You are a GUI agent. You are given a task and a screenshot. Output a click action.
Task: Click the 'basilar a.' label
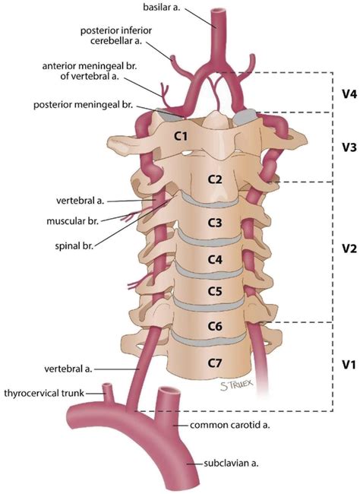tap(162, 7)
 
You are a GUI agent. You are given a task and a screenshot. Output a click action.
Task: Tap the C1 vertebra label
tap(181, 136)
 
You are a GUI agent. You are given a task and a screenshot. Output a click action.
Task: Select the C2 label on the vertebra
tap(215, 179)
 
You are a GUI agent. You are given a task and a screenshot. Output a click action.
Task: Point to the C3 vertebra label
tap(215, 223)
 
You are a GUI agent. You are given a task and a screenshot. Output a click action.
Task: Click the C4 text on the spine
tap(215, 260)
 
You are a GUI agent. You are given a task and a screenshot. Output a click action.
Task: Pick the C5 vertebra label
tap(215, 291)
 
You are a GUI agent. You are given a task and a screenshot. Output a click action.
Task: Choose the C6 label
tap(215, 326)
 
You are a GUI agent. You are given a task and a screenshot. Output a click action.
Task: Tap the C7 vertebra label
tap(215, 363)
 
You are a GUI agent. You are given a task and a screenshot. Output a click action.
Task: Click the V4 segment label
tap(349, 94)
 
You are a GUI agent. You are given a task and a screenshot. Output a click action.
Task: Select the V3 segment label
tap(349, 147)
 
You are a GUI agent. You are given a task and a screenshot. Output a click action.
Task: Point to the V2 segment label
tap(349, 249)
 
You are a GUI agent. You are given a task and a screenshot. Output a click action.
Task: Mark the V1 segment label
tap(349, 365)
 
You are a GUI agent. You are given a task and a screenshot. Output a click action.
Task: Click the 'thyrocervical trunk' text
tap(44, 393)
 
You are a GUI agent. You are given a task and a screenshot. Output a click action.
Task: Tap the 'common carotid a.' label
tap(230, 425)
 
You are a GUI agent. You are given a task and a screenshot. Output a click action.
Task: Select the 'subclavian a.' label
tap(231, 464)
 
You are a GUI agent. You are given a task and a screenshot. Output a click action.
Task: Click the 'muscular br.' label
tap(72, 221)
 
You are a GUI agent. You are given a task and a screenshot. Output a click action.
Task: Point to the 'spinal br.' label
tap(74, 246)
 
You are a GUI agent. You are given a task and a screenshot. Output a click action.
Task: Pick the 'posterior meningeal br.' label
tap(83, 105)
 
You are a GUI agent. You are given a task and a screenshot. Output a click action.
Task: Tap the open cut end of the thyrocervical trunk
tap(107, 385)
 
